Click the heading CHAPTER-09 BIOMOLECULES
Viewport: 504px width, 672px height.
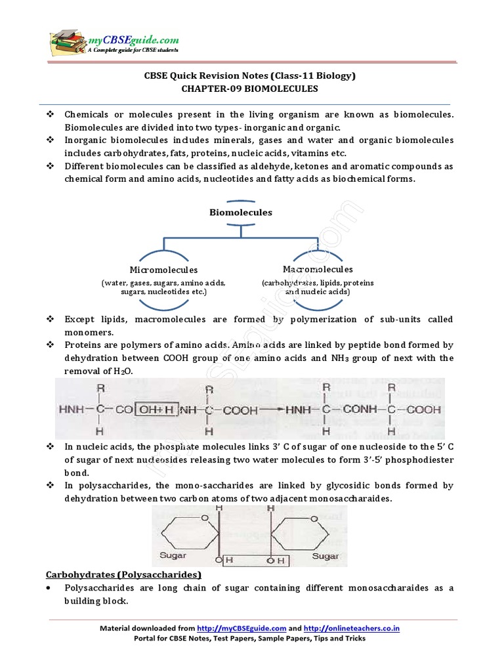[x=250, y=88]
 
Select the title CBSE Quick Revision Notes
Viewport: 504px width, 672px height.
[x=250, y=75]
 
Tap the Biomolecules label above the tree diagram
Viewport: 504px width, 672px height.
[x=241, y=212]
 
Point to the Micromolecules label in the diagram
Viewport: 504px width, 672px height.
[x=163, y=270]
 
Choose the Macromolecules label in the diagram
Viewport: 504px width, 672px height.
[x=318, y=269]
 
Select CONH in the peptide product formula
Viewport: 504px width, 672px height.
[x=358, y=409]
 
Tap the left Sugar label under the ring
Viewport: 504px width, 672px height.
[x=173, y=556]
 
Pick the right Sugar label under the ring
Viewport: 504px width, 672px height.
[x=325, y=556]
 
